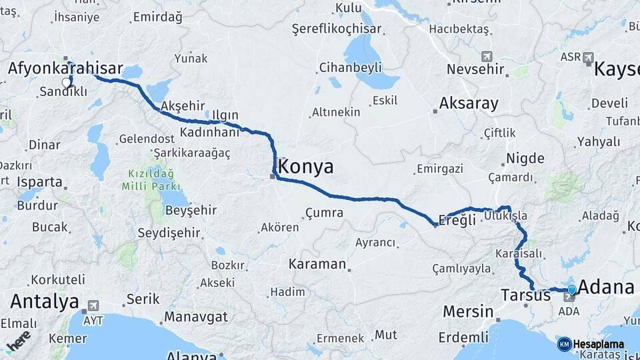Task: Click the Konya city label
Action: pos(307,166)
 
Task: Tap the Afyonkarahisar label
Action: pos(65,68)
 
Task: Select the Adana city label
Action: pos(605,287)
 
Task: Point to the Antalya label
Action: pos(45,301)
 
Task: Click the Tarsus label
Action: pos(525,295)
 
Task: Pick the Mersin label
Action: pos(468,311)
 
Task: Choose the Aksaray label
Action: pos(469,103)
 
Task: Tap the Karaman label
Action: pos(317,264)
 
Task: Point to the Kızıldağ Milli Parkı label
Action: pos(151,180)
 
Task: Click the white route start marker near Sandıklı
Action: pos(66,82)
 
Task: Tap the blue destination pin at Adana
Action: pos(571,290)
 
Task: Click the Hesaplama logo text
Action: pos(598,344)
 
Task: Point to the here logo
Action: pos(18,341)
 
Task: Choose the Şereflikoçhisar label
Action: pos(337,29)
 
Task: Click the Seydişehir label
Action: pos(169,233)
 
